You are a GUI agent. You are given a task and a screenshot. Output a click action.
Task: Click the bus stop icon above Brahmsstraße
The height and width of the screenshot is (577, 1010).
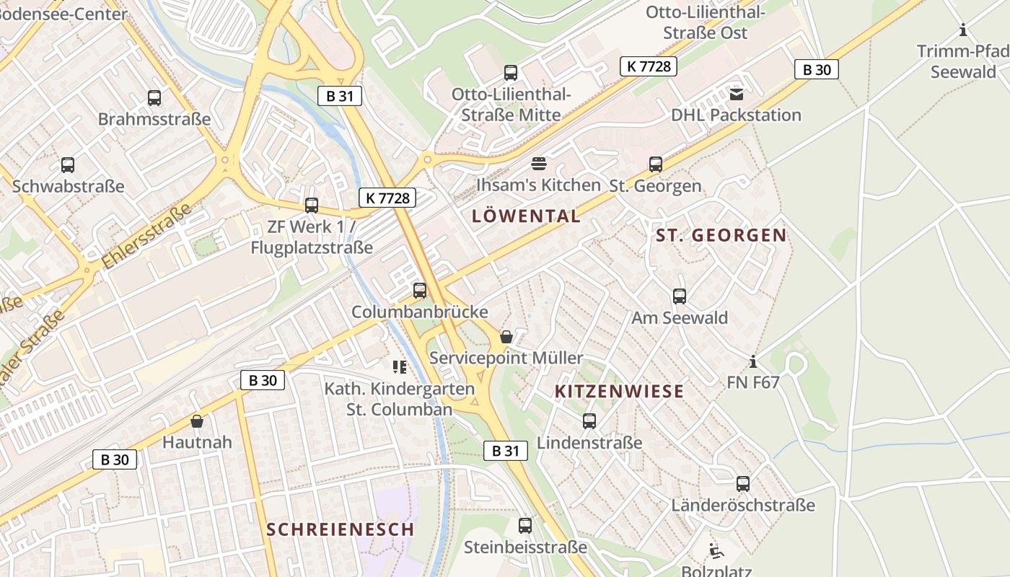[x=154, y=97]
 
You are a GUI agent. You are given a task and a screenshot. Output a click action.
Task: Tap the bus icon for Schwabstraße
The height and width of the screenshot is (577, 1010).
[x=68, y=164]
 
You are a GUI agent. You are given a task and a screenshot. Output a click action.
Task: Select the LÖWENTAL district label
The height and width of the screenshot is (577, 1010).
[x=526, y=216]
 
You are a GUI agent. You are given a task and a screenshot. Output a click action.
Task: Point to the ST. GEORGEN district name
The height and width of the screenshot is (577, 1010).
[x=721, y=235]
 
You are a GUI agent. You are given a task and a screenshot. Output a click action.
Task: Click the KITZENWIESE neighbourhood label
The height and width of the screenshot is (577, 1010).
[x=619, y=391]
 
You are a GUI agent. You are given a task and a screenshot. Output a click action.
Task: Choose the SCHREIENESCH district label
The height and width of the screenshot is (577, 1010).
[x=341, y=529]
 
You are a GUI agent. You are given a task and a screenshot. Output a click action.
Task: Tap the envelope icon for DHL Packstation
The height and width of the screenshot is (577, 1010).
[x=736, y=94]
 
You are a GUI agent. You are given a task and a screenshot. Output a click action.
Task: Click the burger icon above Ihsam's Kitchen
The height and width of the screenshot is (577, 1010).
[x=538, y=163]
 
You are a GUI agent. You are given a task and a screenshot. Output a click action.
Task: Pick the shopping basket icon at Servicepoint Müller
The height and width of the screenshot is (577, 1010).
[x=506, y=336]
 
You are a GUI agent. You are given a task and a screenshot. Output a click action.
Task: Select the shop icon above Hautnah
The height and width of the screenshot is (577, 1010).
[x=197, y=420]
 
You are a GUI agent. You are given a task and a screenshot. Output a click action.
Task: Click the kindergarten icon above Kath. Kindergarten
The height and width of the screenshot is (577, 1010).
[x=400, y=367]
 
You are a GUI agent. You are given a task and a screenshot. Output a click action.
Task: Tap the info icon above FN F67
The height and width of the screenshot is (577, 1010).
[x=753, y=361]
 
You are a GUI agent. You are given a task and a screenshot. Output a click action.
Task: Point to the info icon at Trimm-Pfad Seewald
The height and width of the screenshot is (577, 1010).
[x=962, y=30]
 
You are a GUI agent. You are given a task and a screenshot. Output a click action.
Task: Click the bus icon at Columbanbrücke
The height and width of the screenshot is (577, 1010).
[x=420, y=291]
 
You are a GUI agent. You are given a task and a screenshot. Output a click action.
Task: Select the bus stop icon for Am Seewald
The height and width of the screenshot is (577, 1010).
[x=679, y=296]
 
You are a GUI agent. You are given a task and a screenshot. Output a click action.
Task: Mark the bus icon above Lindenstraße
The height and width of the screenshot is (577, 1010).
[x=589, y=421]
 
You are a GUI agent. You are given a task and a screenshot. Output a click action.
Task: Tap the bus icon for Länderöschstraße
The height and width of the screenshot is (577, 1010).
[x=743, y=484]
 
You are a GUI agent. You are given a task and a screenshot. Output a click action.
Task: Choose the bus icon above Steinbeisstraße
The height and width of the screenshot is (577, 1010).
[x=525, y=526]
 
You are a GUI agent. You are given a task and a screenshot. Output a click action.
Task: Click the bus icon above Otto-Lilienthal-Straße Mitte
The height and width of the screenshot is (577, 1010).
[x=511, y=72]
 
